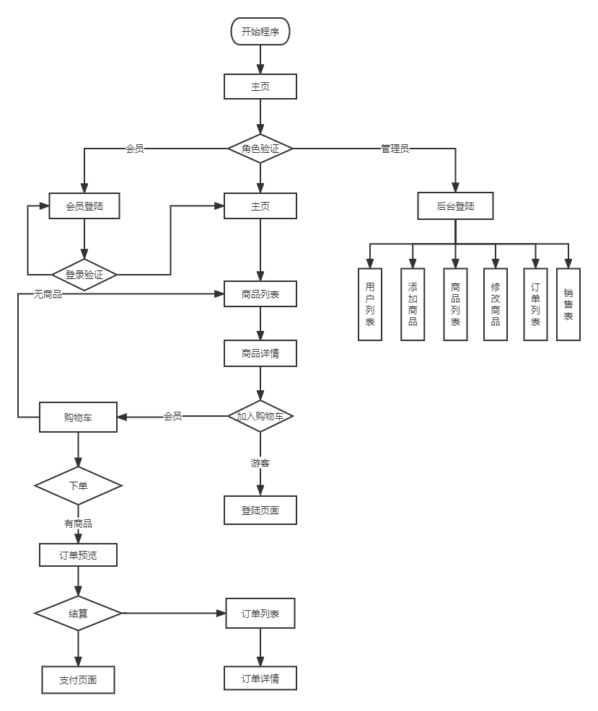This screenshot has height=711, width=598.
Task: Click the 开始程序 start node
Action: point(260,32)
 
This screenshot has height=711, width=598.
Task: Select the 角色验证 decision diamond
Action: point(260,149)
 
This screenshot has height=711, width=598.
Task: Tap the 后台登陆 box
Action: point(455,206)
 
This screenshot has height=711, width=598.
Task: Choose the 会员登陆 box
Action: point(84,206)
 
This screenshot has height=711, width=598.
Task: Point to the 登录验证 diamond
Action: point(84,275)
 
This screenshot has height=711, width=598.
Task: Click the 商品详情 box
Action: point(260,354)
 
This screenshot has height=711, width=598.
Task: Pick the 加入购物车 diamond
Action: point(260,416)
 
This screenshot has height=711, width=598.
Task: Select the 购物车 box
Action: point(78,418)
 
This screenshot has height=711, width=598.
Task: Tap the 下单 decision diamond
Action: point(78,486)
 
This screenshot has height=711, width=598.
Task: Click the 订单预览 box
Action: point(78,555)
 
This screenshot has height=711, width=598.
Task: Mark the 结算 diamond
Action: point(78,614)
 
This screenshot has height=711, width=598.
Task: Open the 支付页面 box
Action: point(78,679)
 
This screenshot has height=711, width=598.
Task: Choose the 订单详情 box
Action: point(260,679)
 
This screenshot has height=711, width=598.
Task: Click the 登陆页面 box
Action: point(260,511)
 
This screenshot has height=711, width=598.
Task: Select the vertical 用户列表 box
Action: point(370,304)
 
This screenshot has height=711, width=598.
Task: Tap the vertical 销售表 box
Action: point(568,304)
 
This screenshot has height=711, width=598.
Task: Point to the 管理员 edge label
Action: point(395,149)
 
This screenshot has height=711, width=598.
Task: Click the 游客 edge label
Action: point(260,463)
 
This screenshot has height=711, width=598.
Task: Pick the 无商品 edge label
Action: point(48,294)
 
